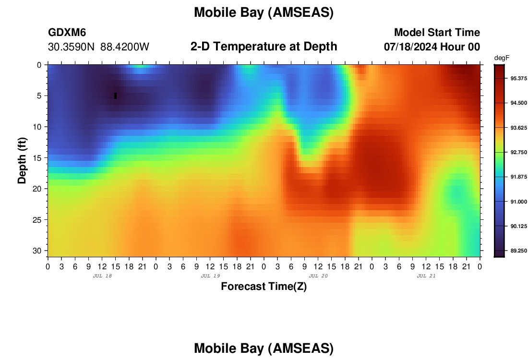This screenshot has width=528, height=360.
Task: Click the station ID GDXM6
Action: coord(67,32)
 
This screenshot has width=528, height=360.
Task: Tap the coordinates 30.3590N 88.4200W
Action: coord(99,47)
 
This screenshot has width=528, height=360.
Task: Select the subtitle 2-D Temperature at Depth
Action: coord(264,47)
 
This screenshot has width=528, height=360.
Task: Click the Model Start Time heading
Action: coord(437,32)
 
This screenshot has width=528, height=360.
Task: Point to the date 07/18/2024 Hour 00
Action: coord(432,47)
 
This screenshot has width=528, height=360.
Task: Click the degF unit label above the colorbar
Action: coord(502,58)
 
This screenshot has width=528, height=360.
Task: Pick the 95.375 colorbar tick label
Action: coord(518,78)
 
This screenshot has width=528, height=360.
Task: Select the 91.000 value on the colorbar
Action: coord(518,202)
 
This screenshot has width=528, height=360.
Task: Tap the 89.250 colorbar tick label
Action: coord(518,251)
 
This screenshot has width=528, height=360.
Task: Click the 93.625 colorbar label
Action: coord(518,128)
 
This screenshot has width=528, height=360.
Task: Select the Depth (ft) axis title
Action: coord(22,161)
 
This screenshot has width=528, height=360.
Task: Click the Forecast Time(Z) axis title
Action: coord(264,287)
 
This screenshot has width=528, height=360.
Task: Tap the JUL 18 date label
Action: coord(102,276)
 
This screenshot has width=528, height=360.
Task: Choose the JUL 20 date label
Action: coord(318,276)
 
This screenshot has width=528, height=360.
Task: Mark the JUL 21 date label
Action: coord(426,276)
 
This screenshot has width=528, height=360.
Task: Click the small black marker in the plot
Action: coord(116,96)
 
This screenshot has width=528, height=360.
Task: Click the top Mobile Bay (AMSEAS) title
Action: coord(264,13)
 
